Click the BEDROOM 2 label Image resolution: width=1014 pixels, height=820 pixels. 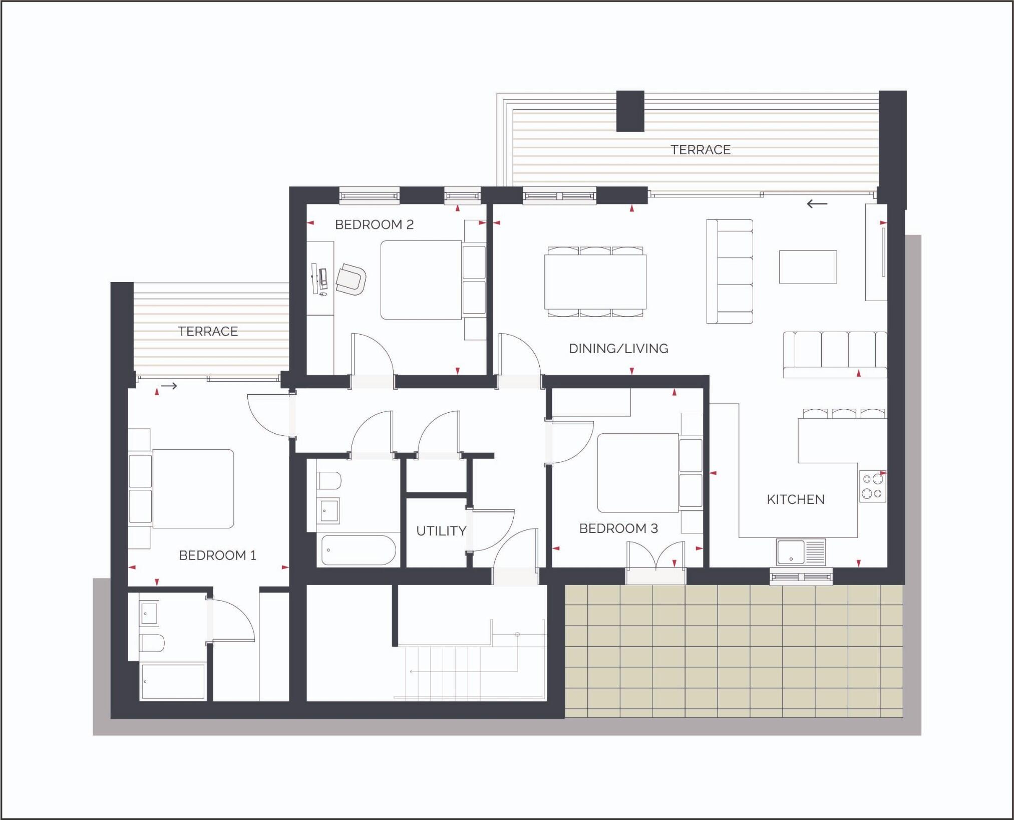[x=374, y=224]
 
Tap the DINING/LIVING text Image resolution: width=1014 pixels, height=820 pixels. [x=618, y=349]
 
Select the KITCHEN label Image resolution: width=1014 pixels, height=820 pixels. [x=795, y=499]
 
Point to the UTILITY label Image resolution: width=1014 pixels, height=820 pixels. [x=441, y=531]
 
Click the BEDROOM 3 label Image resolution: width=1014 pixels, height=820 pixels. [x=618, y=528]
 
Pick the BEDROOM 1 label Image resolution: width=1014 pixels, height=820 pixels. [x=217, y=555]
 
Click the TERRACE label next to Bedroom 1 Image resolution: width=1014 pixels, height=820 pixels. [x=208, y=332]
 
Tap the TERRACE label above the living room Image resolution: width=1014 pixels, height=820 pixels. [x=700, y=150]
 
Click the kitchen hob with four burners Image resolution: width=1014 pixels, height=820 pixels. [x=872, y=486]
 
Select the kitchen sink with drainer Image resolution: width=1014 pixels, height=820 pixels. [x=800, y=552]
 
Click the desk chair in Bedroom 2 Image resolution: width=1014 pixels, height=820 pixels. [x=351, y=280]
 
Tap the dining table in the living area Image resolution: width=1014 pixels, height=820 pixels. [x=595, y=282]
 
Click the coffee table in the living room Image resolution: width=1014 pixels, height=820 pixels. [x=808, y=267]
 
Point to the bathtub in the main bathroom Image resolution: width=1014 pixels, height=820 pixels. [x=359, y=550]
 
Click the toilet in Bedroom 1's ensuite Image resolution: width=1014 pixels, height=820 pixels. [x=152, y=643]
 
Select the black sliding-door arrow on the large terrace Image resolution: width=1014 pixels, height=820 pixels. [x=817, y=204]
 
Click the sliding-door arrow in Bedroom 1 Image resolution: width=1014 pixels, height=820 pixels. [x=169, y=386]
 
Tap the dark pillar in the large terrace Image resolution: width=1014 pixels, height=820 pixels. [x=630, y=111]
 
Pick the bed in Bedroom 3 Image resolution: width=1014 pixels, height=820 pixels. [x=638, y=473]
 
